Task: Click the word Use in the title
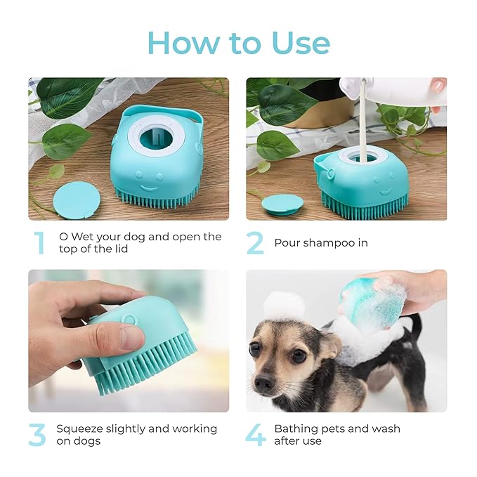(x=301, y=43)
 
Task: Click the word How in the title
(x=183, y=43)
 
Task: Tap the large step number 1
(x=40, y=243)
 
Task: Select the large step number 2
(x=255, y=243)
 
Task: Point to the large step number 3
(x=37, y=435)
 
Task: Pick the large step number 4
(x=256, y=435)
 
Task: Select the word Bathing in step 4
(x=296, y=429)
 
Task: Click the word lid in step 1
(x=122, y=249)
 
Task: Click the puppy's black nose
(x=264, y=381)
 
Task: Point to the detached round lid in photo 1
(x=77, y=200)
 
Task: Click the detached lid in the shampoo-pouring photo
(x=282, y=204)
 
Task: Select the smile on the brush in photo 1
(x=149, y=189)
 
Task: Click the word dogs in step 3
(x=87, y=441)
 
